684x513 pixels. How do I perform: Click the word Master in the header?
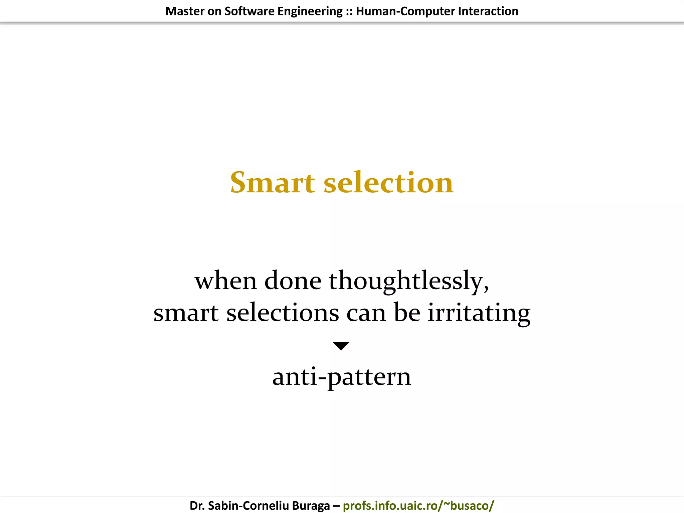point(185,11)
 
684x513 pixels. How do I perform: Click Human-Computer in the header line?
point(405,11)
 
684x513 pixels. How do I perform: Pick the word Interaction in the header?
point(488,11)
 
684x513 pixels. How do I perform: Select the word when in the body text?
point(226,281)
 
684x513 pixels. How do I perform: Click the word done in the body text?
point(293,281)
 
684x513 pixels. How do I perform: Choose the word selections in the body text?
point(283,313)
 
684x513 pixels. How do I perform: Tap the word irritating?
point(479,313)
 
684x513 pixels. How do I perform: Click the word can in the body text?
point(366,313)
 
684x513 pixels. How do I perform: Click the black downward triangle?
point(341,346)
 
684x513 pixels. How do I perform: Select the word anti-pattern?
point(342,377)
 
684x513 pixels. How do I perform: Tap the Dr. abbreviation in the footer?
point(197,506)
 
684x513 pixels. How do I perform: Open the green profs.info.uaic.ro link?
point(418,506)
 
